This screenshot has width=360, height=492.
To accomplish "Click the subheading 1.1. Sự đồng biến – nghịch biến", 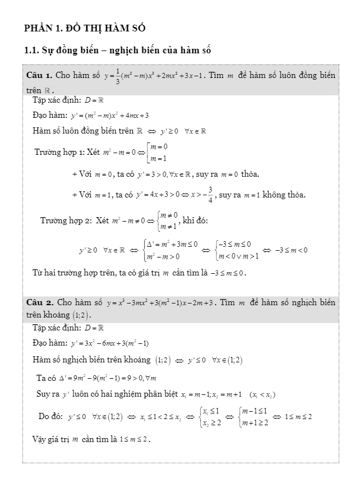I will click(x=118, y=51).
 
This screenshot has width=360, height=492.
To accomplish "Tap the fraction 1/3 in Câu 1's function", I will click(x=118, y=76).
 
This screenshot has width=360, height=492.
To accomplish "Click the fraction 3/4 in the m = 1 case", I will click(x=210, y=195).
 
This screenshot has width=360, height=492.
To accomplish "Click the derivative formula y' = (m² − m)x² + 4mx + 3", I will click(x=109, y=116).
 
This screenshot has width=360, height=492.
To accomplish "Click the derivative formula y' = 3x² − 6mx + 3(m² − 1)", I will click(x=109, y=343).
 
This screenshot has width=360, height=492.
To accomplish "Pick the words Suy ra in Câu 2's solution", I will click(x=48, y=394).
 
